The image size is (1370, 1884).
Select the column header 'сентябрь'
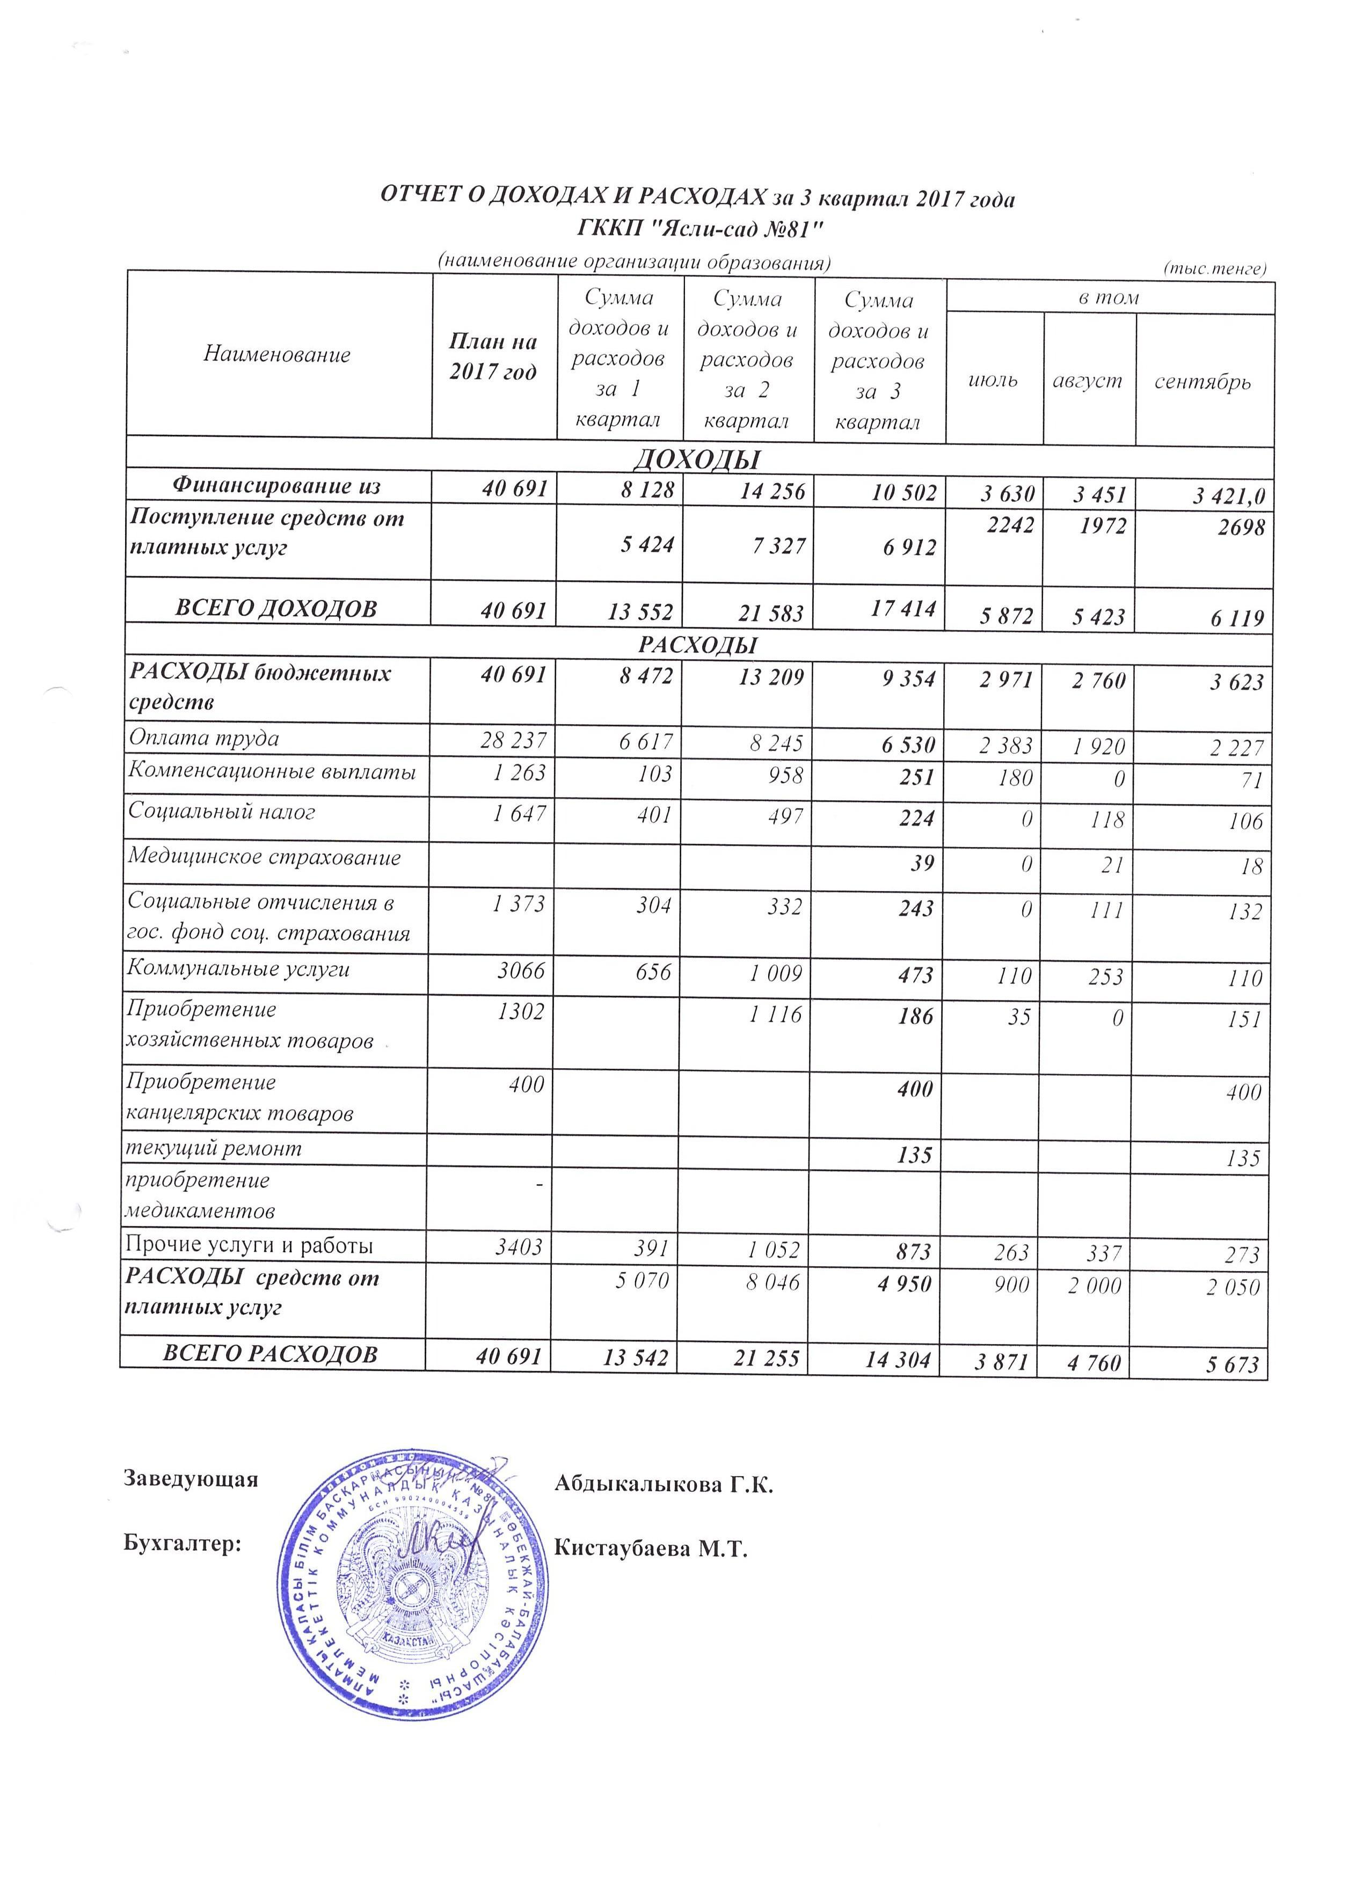[1202, 382]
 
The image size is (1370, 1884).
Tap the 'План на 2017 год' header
[493, 356]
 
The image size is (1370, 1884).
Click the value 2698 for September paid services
[1241, 527]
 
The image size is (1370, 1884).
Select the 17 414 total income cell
[902, 608]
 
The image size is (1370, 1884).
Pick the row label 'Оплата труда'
[203, 737]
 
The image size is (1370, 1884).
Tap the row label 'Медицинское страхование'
[264, 857]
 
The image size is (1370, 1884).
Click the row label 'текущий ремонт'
[214, 1149]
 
